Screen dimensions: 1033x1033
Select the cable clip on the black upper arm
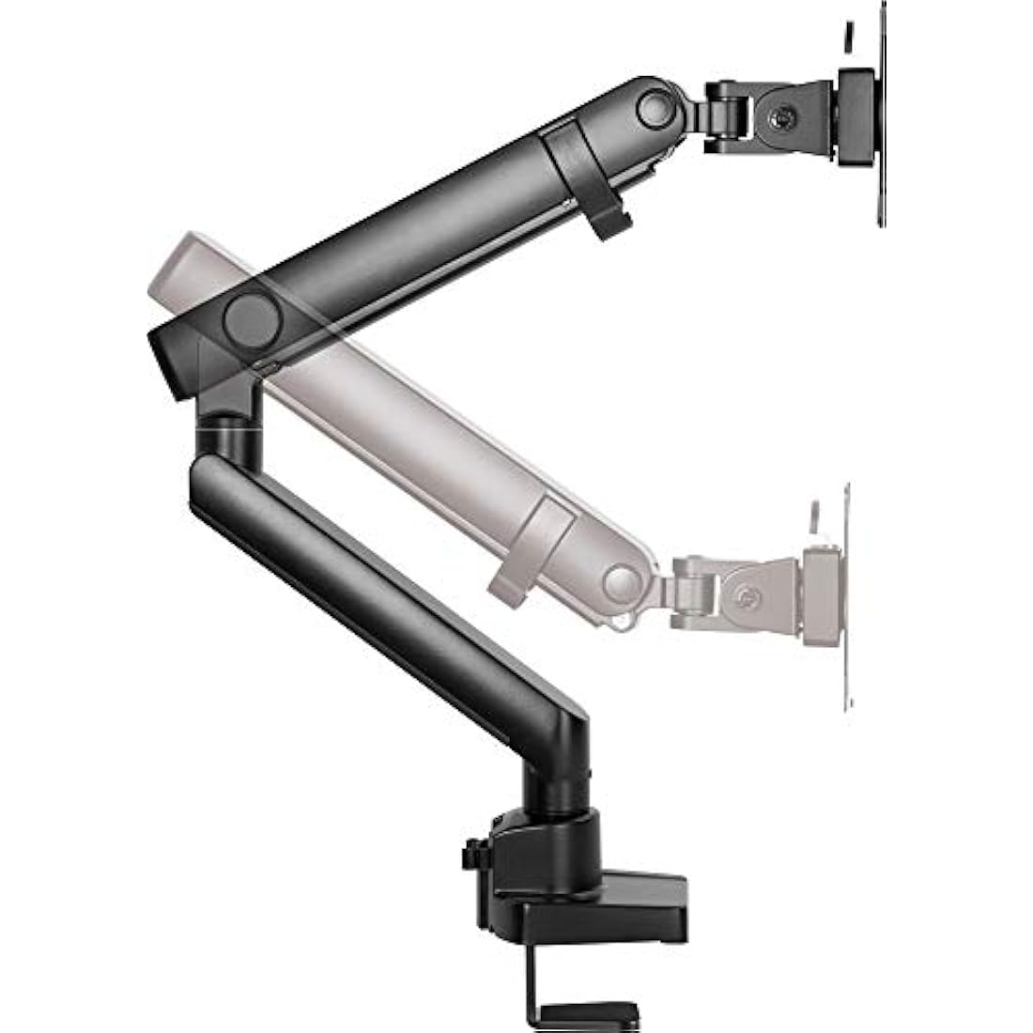point(590,178)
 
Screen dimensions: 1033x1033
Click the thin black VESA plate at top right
point(881,113)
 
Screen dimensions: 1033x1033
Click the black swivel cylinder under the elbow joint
point(228,437)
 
